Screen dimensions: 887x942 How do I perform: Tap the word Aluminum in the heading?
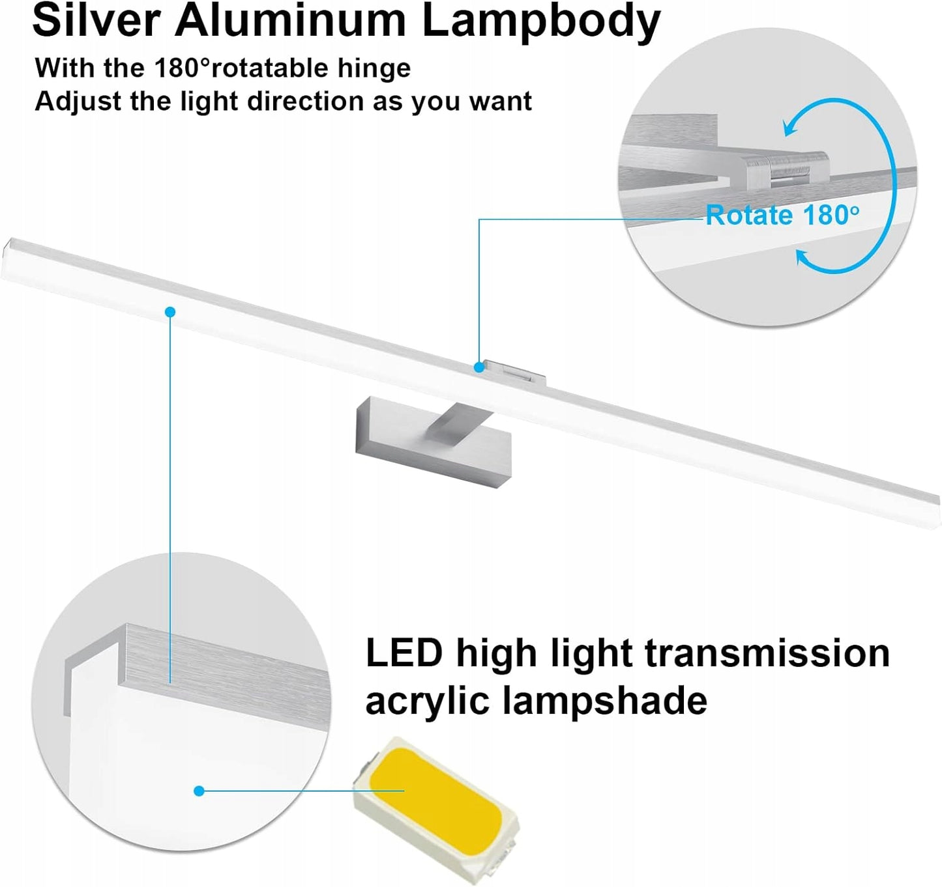pyautogui.click(x=290, y=21)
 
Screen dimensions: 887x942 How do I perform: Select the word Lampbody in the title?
pyautogui.click(x=540, y=22)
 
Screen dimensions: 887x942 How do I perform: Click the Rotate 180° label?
pyautogui.click(x=782, y=216)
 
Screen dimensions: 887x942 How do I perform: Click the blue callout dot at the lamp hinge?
pyautogui.click(x=479, y=367)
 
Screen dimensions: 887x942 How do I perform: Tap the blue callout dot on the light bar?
pyautogui.click(x=170, y=312)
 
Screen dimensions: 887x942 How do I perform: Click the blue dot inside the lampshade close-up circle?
pyautogui.click(x=199, y=791)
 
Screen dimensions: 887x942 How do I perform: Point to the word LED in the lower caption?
pyautogui.click(x=404, y=653)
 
